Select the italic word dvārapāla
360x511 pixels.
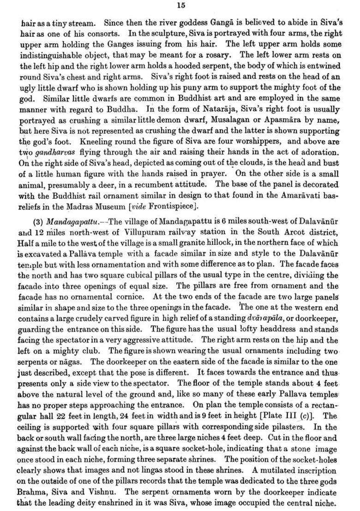coord(264,317)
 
